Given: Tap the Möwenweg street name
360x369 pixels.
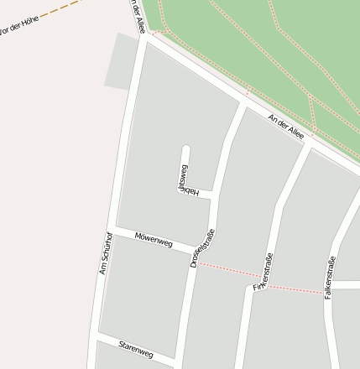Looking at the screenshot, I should pos(153,241).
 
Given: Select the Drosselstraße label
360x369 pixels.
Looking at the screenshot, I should pos(201,248).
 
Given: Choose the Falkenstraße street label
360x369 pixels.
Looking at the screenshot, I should pos(331,278).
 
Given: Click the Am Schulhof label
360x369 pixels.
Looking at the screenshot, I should pos(106,252).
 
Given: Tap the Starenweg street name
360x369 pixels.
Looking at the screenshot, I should pos(136,345).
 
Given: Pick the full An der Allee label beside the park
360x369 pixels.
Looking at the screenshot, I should pos(285,127).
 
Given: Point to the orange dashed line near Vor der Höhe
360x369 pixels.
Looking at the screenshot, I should pos(59,12).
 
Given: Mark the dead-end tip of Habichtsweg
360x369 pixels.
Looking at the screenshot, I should pos(186,150).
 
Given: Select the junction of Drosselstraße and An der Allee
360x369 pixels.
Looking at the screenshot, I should pos(244,103).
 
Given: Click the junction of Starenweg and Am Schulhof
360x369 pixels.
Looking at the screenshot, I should pos(97,336).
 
